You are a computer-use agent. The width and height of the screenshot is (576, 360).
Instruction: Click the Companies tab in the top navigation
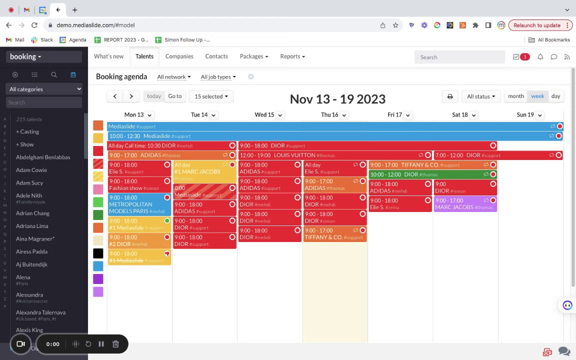click(179, 56)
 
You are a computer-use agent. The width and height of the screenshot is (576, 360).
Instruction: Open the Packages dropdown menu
click(253, 56)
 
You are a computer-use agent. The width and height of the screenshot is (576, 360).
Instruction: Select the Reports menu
click(292, 56)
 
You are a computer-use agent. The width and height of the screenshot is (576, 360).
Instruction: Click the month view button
click(515, 96)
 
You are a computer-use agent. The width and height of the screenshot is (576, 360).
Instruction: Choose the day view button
click(555, 96)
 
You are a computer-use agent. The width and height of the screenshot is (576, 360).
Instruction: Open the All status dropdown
click(480, 96)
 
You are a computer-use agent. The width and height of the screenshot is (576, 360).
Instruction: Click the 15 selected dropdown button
click(211, 96)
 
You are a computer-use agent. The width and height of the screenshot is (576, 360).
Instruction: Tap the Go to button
click(174, 96)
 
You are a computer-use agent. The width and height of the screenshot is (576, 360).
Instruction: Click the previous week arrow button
click(115, 96)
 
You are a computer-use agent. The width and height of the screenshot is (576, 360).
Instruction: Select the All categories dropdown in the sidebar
click(44, 89)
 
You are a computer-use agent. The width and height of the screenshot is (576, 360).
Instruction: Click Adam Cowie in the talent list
click(31, 170)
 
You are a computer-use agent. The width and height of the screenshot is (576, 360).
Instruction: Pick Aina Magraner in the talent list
click(35, 239)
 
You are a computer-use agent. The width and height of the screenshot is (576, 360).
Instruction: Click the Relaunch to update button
click(536, 25)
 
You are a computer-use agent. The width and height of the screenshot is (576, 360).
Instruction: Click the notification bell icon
click(540, 57)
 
